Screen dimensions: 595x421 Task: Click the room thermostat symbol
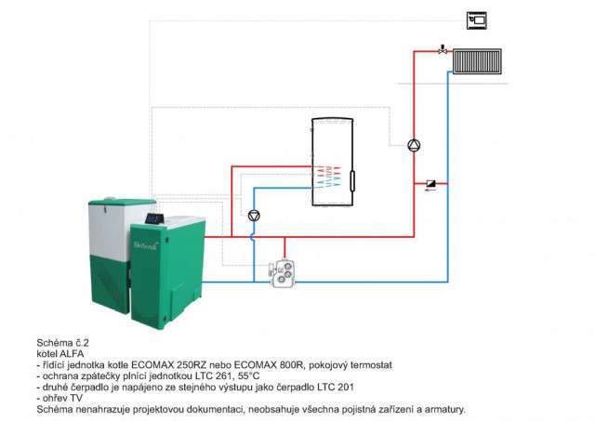tap(477, 20)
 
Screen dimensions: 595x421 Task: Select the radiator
tap(477, 61)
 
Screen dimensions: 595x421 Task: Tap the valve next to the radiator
tap(443, 49)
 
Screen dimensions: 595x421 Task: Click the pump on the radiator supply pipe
tap(414, 145)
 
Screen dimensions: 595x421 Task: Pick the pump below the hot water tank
tap(254, 216)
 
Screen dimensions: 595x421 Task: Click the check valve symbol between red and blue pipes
tap(431, 184)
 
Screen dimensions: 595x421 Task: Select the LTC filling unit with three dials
tap(283, 273)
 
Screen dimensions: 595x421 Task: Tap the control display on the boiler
tap(154, 218)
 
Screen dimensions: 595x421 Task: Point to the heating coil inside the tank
tap(326, 177)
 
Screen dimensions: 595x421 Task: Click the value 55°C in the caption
tap(249, 376)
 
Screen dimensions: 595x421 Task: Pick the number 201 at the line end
tap(345, 388)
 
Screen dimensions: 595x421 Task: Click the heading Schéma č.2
tap(62, 343)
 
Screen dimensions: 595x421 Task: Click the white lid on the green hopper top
tap(110, 198)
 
